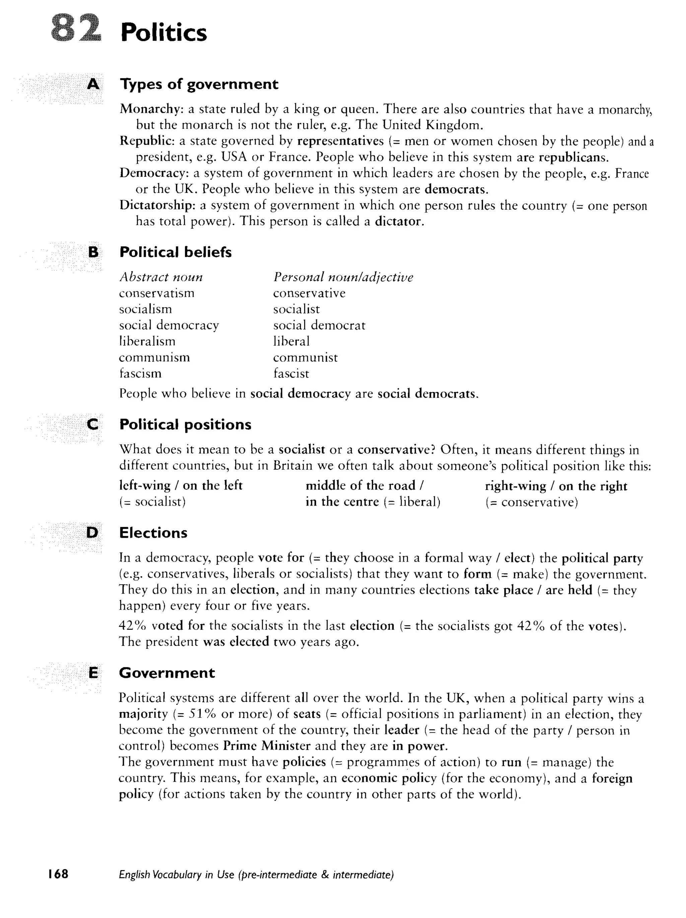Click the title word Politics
(163, 32)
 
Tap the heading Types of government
(199, 84)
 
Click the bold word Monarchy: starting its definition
(151, 109)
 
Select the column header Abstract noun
(161, 277)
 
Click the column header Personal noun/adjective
(343, 277)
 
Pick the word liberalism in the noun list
(147, 341)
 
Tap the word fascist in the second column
(291, 374)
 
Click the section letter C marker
(93, 424)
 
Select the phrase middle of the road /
(364, 485)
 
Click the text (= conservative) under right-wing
(532, 502)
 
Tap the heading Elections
(153, 533)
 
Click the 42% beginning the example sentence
(132, 626)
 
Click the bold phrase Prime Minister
(266, 746)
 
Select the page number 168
(58, 874)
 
